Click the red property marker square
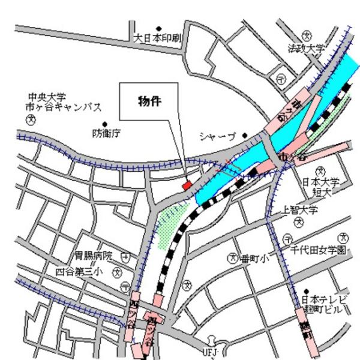click(x=187, y=185)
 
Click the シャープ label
click(x=219, y=136)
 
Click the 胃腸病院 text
click(x=93, y=256)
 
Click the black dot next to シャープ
click(x=245, y=136)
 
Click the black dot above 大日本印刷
click(x=159, y=28)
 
